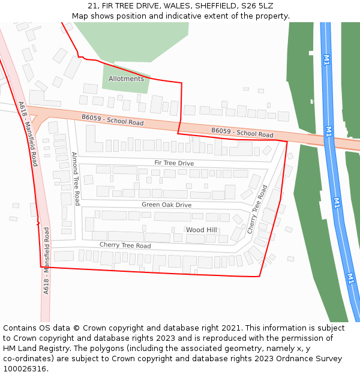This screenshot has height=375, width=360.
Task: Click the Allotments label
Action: tap(126, 79)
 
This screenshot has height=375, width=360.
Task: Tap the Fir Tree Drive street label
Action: tap(174, 163)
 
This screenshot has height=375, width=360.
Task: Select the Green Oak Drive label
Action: tap(166, 205)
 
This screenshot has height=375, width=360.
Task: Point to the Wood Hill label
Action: tap(201, 230)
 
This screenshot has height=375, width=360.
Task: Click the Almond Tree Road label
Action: tap(76, 178)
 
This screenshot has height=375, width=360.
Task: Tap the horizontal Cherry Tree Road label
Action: tap(125, 245)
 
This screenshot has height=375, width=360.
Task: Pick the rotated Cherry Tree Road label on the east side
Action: tap(257, 209)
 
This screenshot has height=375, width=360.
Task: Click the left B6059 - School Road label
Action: tap(113, 120)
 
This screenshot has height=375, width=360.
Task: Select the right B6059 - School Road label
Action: tap(242, 133)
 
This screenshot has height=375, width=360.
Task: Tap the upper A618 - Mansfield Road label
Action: tap(28, 133)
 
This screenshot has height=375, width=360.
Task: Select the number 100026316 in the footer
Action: tap(24, 369)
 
